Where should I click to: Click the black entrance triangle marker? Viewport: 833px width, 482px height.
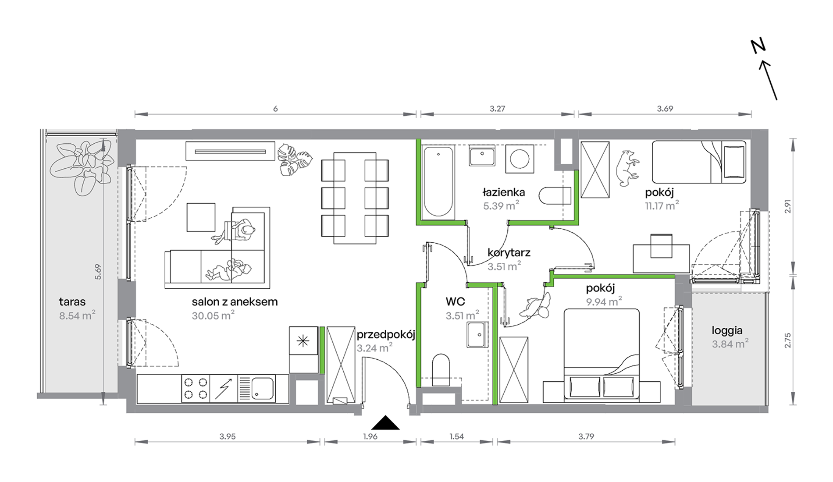385,423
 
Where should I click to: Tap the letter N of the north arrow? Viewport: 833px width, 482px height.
758,46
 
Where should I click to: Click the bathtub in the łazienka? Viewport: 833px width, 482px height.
438,182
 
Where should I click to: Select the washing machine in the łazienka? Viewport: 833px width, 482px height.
520,159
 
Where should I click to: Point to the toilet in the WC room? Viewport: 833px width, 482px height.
441,370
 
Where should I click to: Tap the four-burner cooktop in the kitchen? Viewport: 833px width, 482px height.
196,388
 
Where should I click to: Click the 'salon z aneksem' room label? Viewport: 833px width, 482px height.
235,301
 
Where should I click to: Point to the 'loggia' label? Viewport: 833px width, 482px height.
727,331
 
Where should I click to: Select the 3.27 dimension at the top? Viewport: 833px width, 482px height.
497,109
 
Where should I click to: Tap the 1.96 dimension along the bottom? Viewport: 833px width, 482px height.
370,436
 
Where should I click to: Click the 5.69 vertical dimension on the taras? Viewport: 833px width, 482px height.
98,272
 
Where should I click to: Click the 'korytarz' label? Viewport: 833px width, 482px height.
509,253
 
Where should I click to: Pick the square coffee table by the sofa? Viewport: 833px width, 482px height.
201,217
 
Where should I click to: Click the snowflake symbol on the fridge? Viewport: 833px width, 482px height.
303,340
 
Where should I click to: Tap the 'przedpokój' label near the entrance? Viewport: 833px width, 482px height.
386,335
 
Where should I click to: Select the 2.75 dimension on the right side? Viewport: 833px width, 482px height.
787,340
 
